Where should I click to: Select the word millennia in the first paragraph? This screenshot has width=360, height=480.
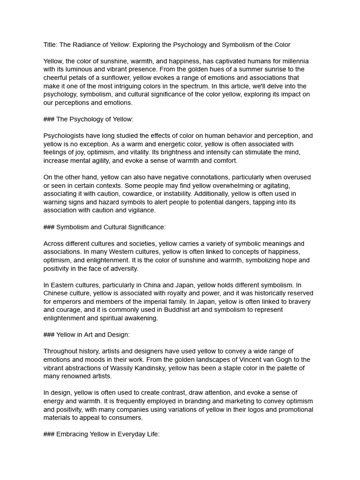pos(295,61)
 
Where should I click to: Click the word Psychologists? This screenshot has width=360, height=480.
pos(65,136)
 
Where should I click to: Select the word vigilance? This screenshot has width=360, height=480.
pos(140,210)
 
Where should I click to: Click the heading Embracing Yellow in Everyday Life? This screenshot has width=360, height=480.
pos(108,435)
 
